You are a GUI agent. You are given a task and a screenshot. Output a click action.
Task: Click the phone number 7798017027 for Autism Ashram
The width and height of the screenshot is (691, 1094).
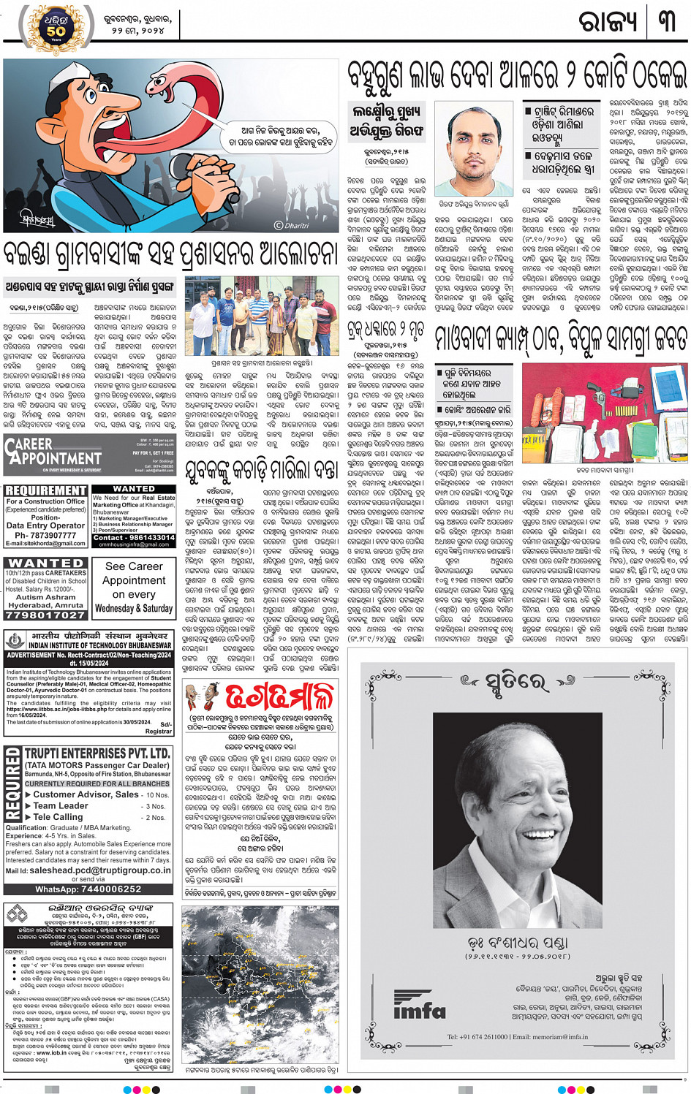pyautogui.click(x=45, y=615)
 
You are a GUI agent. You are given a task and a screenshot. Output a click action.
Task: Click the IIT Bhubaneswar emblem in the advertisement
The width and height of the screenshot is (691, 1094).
pyautogui.click(x=15, y=640)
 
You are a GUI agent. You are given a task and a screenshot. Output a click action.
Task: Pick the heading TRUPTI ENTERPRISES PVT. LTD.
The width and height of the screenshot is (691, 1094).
pyautogui.click(x=97, y=753)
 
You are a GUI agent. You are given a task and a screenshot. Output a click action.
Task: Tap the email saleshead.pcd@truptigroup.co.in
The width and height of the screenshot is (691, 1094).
pyautogui.click(x=100, y=870)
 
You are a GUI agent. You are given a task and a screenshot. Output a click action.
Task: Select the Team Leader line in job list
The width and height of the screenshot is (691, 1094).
pyautogui.click(x=61, y=805)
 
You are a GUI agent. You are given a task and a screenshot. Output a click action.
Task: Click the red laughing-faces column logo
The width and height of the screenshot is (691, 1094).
pyautogui.click(x=201, y=697)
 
